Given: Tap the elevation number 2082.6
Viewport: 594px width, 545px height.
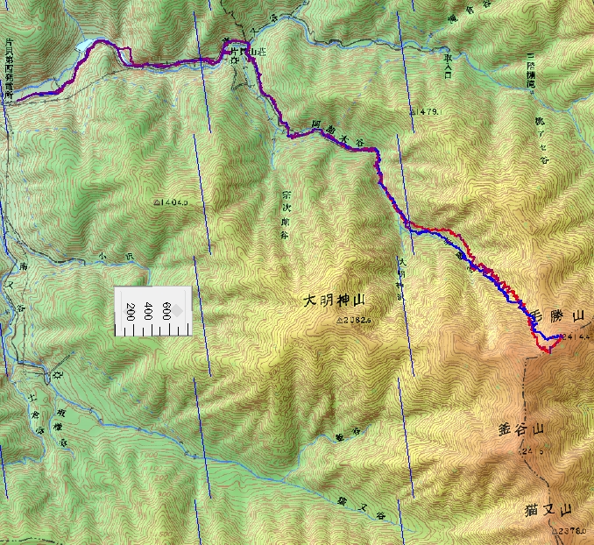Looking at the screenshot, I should tap(354, 321).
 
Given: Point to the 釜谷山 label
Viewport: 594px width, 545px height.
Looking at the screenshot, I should tap(521, 430).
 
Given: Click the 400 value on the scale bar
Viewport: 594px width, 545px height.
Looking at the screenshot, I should tap(150, 312).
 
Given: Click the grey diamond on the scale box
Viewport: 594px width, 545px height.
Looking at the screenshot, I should tap(177, 310).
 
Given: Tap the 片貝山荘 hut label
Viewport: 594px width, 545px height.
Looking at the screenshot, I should tap(243, 53).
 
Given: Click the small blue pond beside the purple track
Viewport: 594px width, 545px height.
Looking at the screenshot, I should tap(86, 44).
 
